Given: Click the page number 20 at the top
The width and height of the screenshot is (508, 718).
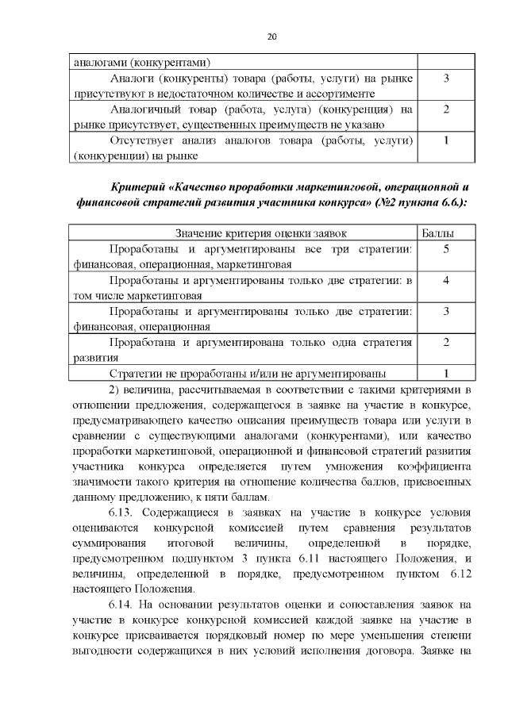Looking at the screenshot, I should [271, 36].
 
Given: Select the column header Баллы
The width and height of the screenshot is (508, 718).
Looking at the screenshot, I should [446, 232].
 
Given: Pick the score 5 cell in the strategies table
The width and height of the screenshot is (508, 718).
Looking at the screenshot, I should [446, 249].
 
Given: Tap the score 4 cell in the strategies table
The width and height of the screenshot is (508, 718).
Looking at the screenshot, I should [446, 280].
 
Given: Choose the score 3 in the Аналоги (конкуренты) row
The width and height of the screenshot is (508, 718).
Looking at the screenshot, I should [446, 79].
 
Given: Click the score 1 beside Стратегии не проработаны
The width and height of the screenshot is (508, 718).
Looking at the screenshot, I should [446, 373].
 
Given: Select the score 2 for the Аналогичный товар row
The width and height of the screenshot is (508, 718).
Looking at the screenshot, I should [446, 109].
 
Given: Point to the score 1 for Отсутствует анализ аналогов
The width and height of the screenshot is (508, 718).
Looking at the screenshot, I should [446, 140].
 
